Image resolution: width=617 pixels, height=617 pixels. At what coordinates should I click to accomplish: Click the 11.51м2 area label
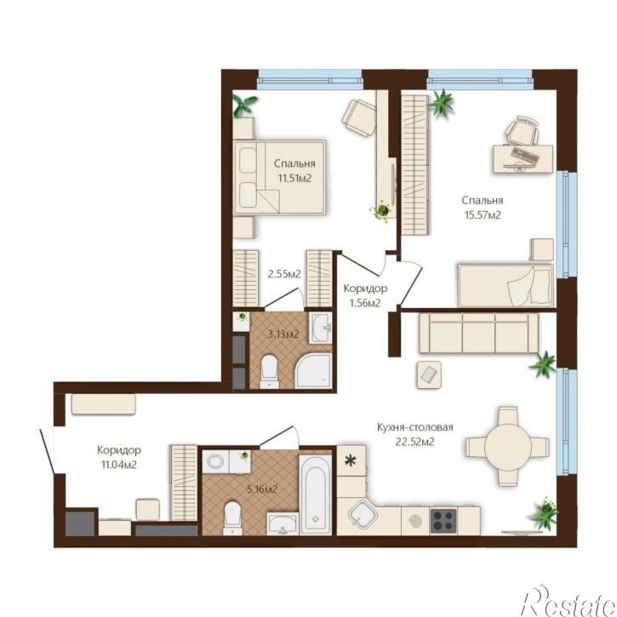294,178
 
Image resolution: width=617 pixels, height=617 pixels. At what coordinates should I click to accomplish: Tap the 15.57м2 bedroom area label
483,215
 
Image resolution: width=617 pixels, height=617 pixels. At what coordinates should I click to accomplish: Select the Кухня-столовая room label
414,427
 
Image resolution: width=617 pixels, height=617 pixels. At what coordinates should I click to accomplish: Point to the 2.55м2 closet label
284,274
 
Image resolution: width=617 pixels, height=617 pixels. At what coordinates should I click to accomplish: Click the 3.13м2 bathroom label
283,334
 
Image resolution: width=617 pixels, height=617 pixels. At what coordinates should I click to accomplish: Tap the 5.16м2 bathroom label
261,489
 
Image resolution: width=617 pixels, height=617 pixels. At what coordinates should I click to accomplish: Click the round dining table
507,446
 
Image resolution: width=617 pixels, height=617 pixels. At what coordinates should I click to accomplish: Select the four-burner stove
443,521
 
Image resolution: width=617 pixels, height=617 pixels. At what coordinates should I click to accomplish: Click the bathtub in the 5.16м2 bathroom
315,494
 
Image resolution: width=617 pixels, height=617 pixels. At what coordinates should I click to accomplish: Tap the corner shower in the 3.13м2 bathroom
314,371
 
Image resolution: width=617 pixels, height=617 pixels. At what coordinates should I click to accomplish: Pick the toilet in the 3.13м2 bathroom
270,371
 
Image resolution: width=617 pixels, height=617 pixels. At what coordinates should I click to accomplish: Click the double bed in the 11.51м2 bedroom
280,178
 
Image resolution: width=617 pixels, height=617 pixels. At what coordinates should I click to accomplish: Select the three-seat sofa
478,333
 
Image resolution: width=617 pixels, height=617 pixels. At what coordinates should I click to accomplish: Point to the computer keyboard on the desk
526,156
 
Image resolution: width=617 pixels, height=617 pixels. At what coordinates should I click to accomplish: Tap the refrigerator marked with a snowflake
351,460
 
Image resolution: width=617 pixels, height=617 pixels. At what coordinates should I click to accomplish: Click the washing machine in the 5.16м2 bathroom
215,461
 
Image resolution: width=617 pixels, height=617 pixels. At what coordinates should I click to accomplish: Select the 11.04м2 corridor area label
119,465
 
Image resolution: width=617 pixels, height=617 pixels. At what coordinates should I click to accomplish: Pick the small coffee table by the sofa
429,374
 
